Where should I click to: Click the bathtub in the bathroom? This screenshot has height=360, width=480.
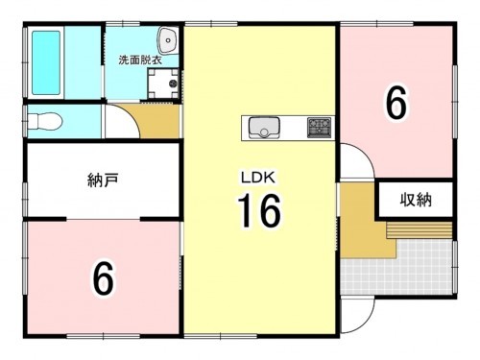[x=46, y=60]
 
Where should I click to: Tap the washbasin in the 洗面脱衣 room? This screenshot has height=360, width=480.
[x=168, y=41]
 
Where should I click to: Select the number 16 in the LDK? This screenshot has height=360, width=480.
[x=257, y=211]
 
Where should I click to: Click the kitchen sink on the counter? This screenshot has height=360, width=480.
[x=262, y=127]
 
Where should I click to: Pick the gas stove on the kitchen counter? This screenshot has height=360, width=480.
[x=319, y=127]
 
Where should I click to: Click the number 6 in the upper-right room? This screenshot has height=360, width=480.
[x=395, y=103]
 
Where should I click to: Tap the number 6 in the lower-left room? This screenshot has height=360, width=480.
[x=103, y=278]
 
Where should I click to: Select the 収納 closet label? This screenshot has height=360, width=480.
[x=415, y=201]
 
